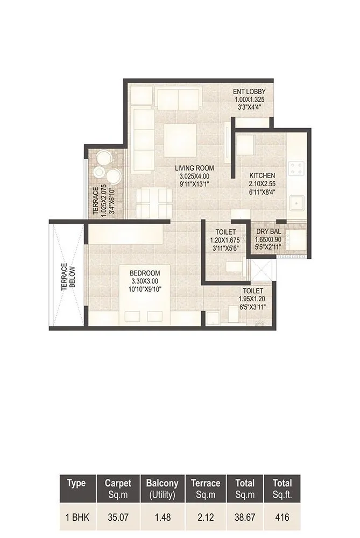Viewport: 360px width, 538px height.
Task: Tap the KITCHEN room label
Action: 262,175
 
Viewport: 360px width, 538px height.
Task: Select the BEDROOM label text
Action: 145,273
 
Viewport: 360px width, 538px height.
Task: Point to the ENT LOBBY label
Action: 252,91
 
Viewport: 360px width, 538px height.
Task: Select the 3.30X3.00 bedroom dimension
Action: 145,281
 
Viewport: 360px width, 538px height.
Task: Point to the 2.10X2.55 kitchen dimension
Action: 262,183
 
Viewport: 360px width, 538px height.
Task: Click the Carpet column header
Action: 118,488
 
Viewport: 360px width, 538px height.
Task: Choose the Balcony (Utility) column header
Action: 162,488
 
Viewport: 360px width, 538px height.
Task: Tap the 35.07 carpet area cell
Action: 118,518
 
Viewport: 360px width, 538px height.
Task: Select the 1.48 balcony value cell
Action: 162,518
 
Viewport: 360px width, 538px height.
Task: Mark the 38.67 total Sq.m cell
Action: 241,518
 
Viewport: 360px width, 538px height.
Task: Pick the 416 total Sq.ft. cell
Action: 282,518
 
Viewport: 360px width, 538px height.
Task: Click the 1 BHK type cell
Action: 76,518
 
